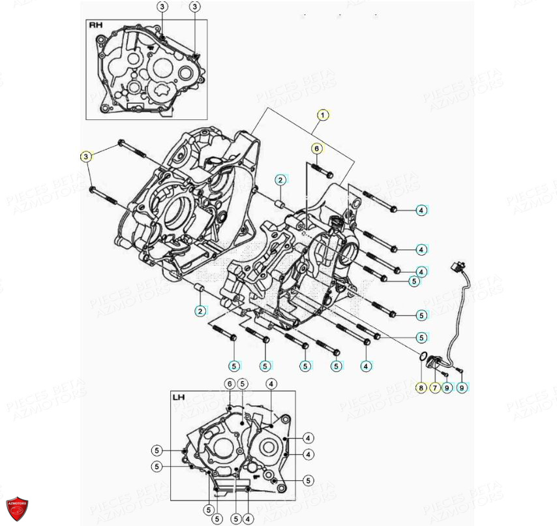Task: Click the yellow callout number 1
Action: click(322, 116)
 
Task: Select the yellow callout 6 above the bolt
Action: click(316, 148)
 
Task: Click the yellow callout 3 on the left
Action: click(85, 156)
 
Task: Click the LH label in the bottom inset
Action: click(179, 397)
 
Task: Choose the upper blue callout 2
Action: click(279, 179)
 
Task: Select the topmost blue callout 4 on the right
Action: click(421, 210)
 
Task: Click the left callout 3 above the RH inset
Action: click(162, 7)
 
